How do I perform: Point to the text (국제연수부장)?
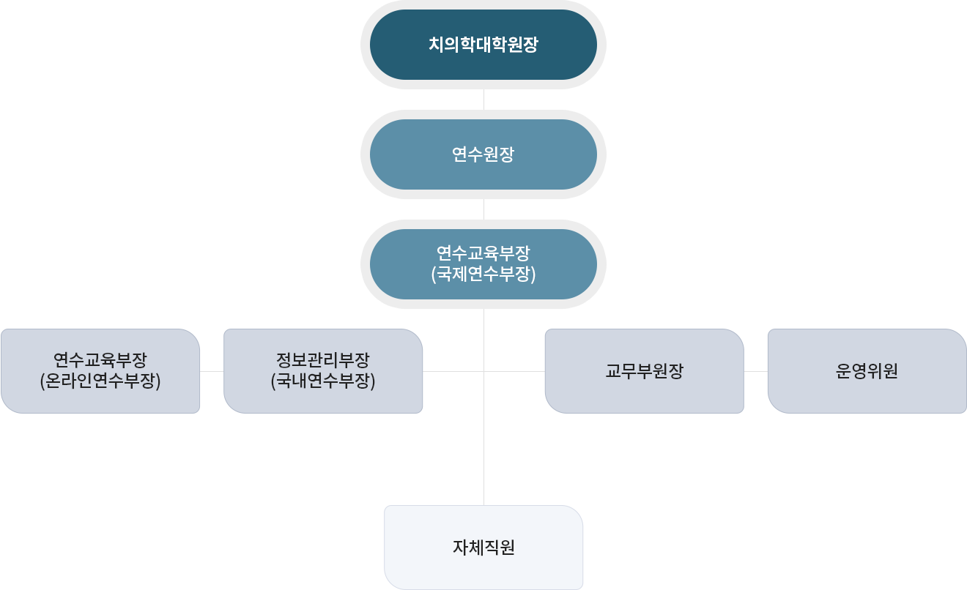[483, 275]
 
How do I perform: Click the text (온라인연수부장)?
[100, 381]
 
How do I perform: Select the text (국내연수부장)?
[322, 381]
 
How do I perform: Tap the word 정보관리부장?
[322, 360]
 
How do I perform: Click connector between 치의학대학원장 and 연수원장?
[483, 99]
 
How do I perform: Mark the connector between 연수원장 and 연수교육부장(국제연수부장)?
[483, 209]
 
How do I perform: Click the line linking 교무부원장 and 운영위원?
[755, 371]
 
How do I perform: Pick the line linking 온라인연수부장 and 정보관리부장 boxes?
[212, 371]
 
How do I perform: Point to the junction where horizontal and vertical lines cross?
[483, 371]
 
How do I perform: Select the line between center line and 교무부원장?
[514, 371]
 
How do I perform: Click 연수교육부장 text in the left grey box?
[100, 360]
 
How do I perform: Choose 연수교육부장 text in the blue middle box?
[483, 253]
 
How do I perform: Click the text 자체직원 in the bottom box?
[483, 548]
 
